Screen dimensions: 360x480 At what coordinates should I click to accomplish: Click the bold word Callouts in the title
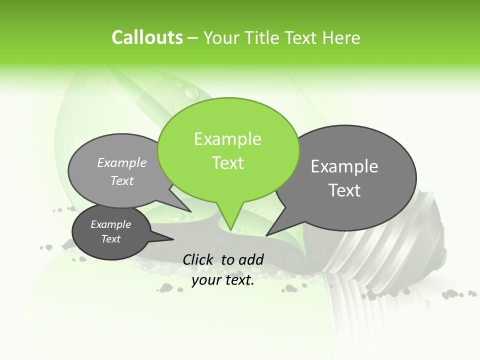[x=147, y=37]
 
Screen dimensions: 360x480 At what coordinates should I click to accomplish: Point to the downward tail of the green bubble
[x=229, y=217]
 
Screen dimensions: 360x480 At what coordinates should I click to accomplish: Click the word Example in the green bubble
[x=227, y=139]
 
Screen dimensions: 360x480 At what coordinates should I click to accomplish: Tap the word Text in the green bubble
[x=228, y=163]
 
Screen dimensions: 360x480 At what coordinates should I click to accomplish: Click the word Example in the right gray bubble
[x=344, y=166]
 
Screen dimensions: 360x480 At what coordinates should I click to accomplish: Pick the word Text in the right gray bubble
[x=344, y=190]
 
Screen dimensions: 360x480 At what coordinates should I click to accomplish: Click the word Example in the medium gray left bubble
[x=122, y=162]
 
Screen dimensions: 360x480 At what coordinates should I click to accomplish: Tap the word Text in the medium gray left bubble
[x=122, y=180]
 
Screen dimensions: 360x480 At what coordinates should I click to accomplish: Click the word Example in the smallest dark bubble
[x=110, y=224]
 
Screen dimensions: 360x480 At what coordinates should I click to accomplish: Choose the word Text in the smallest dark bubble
[x=111, y=239]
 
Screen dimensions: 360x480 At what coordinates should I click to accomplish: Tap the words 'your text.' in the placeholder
[x=223, y=280]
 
